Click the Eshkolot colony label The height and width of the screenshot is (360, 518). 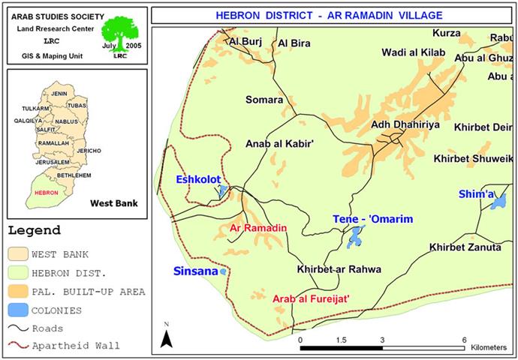click(x=198, y=179)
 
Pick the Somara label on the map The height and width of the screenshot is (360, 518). click(x=264, y=100)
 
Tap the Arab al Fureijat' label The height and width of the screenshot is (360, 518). click(x=311, y=298)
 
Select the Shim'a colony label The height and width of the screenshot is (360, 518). click(x=477, y=194)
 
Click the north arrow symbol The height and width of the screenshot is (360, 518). click(x=167, y=337)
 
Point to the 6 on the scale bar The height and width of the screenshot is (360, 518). click(x=465, y=340)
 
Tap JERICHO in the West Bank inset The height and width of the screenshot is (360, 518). click(x=89, y=150)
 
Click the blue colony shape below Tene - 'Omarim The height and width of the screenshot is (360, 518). click(x=354, y=237)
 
